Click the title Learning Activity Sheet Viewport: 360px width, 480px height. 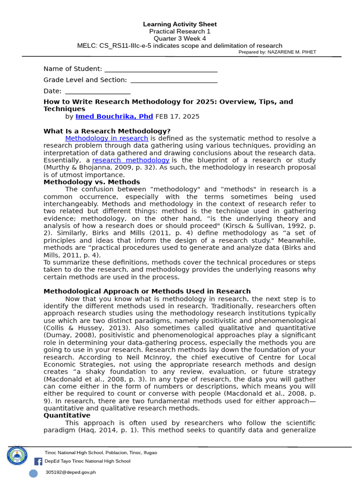pos(180,24)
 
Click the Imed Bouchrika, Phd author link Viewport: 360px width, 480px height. pos(114,116)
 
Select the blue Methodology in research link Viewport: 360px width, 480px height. pos(106,138)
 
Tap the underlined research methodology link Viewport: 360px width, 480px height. pos(131,160)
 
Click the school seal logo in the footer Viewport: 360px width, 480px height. pos(18,456)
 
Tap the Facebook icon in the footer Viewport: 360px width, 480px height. pos(38,461)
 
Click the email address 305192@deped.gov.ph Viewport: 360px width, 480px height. pos(70,472)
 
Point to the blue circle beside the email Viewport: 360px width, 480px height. pos(33,473)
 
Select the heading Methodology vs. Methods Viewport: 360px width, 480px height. pos(91,182)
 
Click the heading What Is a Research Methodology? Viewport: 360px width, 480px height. pos(107,131)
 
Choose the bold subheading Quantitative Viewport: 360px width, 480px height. pos(67,415)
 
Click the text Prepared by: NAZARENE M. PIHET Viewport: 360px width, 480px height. pos(277,52)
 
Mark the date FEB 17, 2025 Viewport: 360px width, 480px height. pos(177,116)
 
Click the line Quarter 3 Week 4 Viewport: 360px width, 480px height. pos(180,38)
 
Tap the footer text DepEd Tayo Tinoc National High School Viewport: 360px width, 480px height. pos(87,461)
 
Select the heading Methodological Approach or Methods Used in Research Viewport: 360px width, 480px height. pos(147,291)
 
